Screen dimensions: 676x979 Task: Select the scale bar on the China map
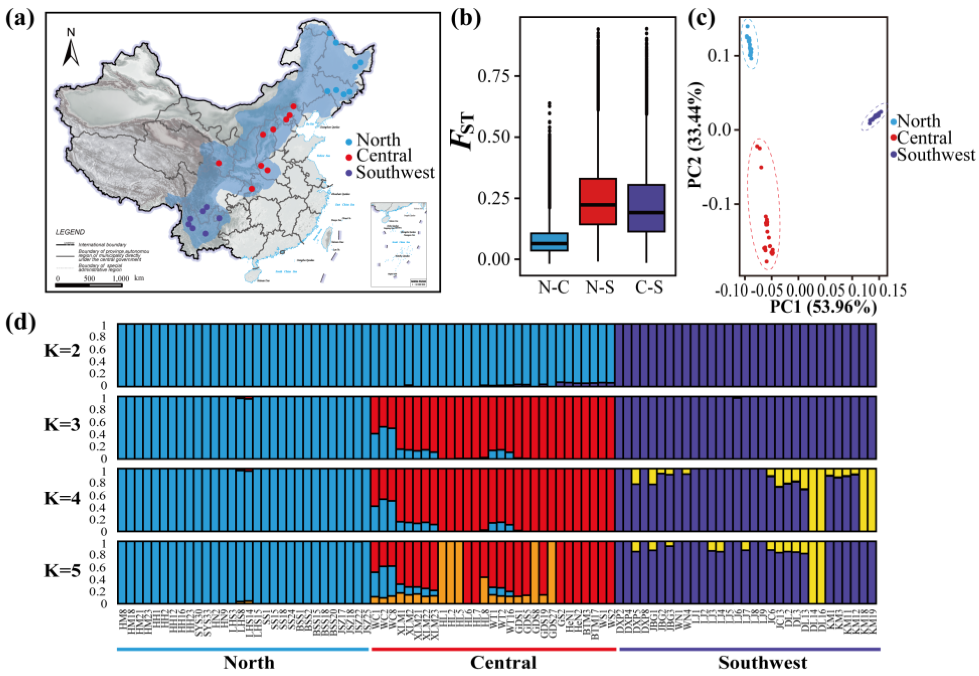click(x=89, y=285)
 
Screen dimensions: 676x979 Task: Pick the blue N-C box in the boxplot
click(x=550, y=242)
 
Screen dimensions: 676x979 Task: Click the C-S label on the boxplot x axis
click(x=648, y=288)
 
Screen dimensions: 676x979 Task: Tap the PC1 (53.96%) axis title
click(x=823, y=307)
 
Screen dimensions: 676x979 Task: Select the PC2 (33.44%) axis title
click(x=696, y=135)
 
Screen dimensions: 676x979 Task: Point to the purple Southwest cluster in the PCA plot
click(x=874, y=117)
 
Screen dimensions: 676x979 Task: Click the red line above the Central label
click(x=494, y=649)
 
